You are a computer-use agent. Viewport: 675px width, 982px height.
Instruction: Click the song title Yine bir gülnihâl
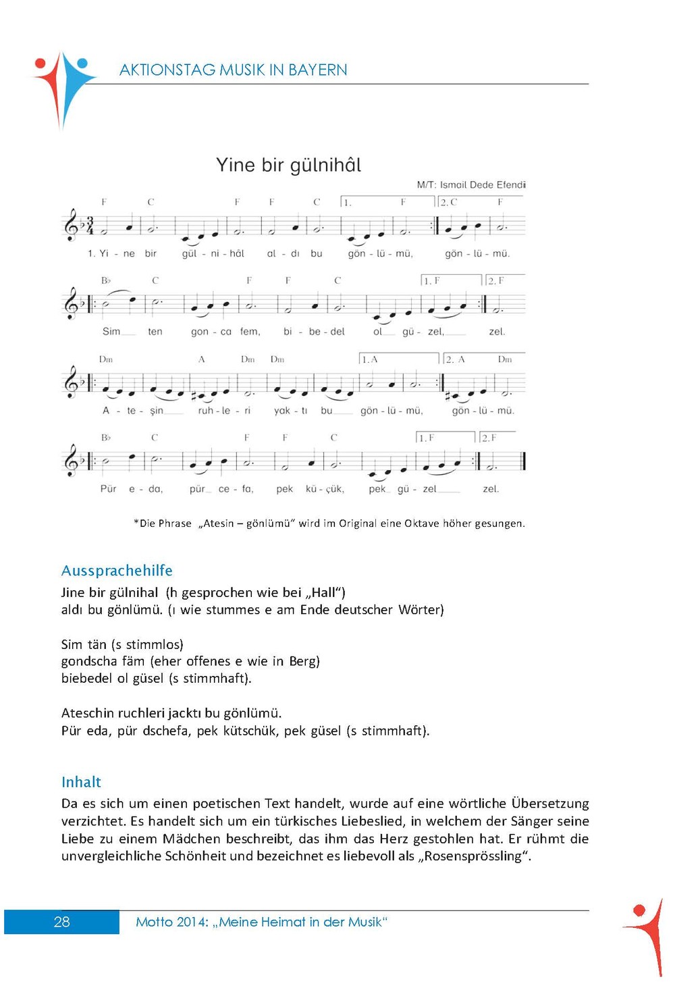(x=288, y=165)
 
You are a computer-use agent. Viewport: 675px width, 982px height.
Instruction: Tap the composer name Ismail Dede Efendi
(x=482, y=184)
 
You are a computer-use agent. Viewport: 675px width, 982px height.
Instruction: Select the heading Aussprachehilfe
(x=117, y=571)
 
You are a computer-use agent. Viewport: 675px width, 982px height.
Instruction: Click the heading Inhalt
(x=81, y=782)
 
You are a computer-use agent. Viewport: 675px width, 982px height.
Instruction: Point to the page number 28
(x=61, y=922)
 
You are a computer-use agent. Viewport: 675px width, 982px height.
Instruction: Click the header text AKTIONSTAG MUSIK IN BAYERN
(x=233, y=70)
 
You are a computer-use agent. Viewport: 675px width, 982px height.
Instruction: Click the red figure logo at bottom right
(x=647, y=935)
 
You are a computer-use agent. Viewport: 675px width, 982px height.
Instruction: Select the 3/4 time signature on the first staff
(x=90, y=226)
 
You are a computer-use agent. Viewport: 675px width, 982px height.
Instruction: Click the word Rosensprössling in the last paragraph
(x=473, y=856)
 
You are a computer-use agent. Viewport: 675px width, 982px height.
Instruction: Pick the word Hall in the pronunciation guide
(x=323, y=593)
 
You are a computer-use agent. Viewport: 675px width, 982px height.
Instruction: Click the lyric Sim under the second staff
(x=111, y=332)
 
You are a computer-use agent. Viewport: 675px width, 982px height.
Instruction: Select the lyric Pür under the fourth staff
(x=108, y=489)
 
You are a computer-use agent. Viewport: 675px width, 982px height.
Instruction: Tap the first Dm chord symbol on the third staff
(x=106, y=359)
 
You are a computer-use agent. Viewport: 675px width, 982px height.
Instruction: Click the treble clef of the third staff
(x=72, y=382)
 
